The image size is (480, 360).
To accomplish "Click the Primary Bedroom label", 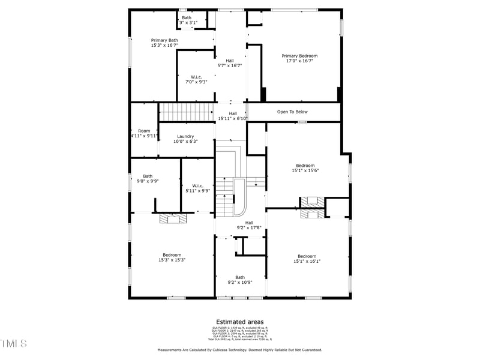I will [x=299, y=56].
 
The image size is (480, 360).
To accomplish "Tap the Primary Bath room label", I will [x=164, y=40].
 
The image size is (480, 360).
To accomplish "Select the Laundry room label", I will [x=185, y=136].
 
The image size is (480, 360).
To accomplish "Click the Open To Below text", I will [x=292, y=112].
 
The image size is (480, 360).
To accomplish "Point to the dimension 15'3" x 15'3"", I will [x=172, y=260].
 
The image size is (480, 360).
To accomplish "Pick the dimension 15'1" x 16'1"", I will [x=307, y=261].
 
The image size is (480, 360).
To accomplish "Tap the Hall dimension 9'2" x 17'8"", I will [x=249, y=228].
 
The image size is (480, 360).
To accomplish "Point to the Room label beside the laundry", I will [x=144, y=131].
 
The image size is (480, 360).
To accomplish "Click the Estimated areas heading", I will [x=239, y=322].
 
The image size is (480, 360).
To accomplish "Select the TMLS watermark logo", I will [x=14, y=343].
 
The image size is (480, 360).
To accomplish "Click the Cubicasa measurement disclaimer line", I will [x=239, y=350].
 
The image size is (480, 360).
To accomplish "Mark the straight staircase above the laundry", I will [x=186, y=112].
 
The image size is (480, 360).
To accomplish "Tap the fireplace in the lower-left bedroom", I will [x=173, y=218].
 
